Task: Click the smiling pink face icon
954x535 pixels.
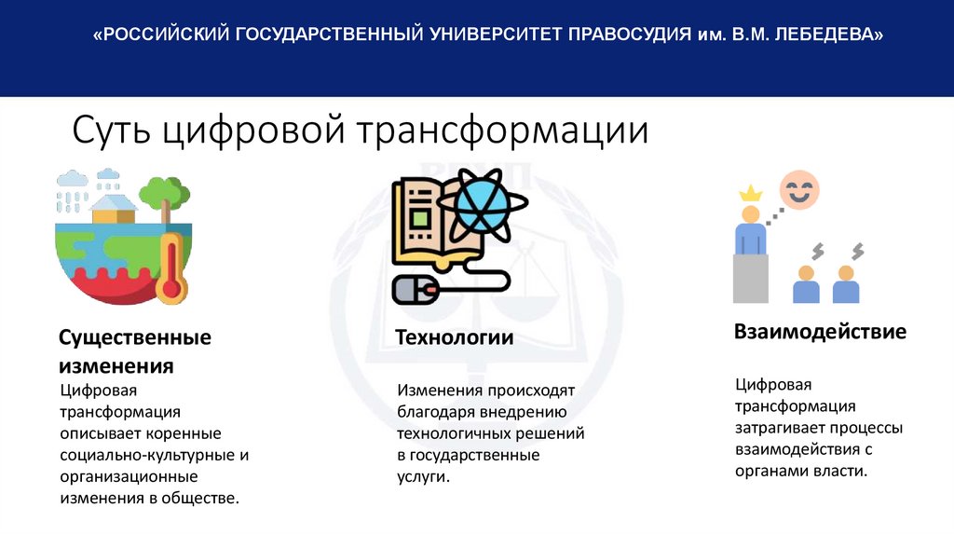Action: point(798,189)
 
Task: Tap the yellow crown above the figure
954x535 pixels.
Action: point(750,193)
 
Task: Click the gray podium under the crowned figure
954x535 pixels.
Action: point(750,276)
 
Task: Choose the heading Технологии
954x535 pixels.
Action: point(455,337)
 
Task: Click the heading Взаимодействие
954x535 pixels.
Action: point(820,332)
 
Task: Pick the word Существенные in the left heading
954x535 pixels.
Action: point(136,337)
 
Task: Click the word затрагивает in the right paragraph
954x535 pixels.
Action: point(778,428)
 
